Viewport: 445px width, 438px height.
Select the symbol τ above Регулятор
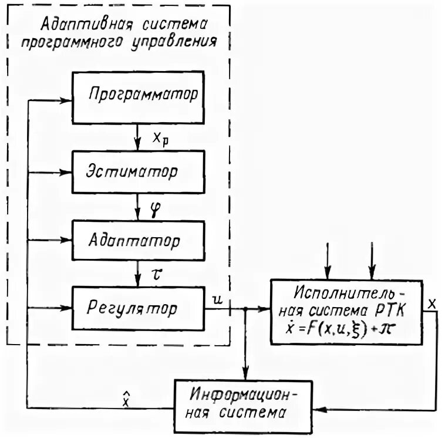pyautogui.click(x=156, y=274)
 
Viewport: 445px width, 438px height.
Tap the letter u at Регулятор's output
pyautogui.click(x=217, y=300)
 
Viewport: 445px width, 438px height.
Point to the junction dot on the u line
pyautogui.click(x=247, y=309)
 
